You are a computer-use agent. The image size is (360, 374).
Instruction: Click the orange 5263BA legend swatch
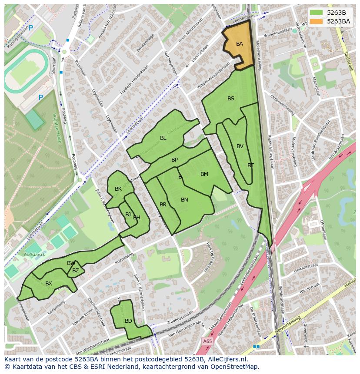tap(317, 21)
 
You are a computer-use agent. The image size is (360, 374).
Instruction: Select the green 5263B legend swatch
tap(317, 13)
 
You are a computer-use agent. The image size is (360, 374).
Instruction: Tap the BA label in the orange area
tap(240, 44)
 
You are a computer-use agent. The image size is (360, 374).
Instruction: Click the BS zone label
tap(231, 99)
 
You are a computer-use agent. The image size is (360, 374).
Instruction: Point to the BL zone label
tap(163, 138)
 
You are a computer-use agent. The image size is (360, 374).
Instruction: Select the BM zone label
tap(204, 174)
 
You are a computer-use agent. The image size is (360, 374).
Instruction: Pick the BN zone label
tap(184, 200)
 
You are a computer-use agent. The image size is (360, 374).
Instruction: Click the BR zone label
tap(163, 205)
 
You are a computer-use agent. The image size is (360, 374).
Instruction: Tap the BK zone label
tap(118, 189)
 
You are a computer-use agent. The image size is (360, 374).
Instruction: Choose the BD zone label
tap(128, 321)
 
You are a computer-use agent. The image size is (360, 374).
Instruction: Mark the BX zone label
tap(49, 284)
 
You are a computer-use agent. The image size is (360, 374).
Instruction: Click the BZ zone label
tap(76, 271)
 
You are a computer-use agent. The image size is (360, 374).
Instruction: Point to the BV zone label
tap(240, 146)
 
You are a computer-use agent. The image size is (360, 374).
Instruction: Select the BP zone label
tap(174, 160)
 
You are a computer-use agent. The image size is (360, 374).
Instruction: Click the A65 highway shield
tap(207, 342)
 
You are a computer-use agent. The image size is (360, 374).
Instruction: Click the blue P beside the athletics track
tap(41, 98)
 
